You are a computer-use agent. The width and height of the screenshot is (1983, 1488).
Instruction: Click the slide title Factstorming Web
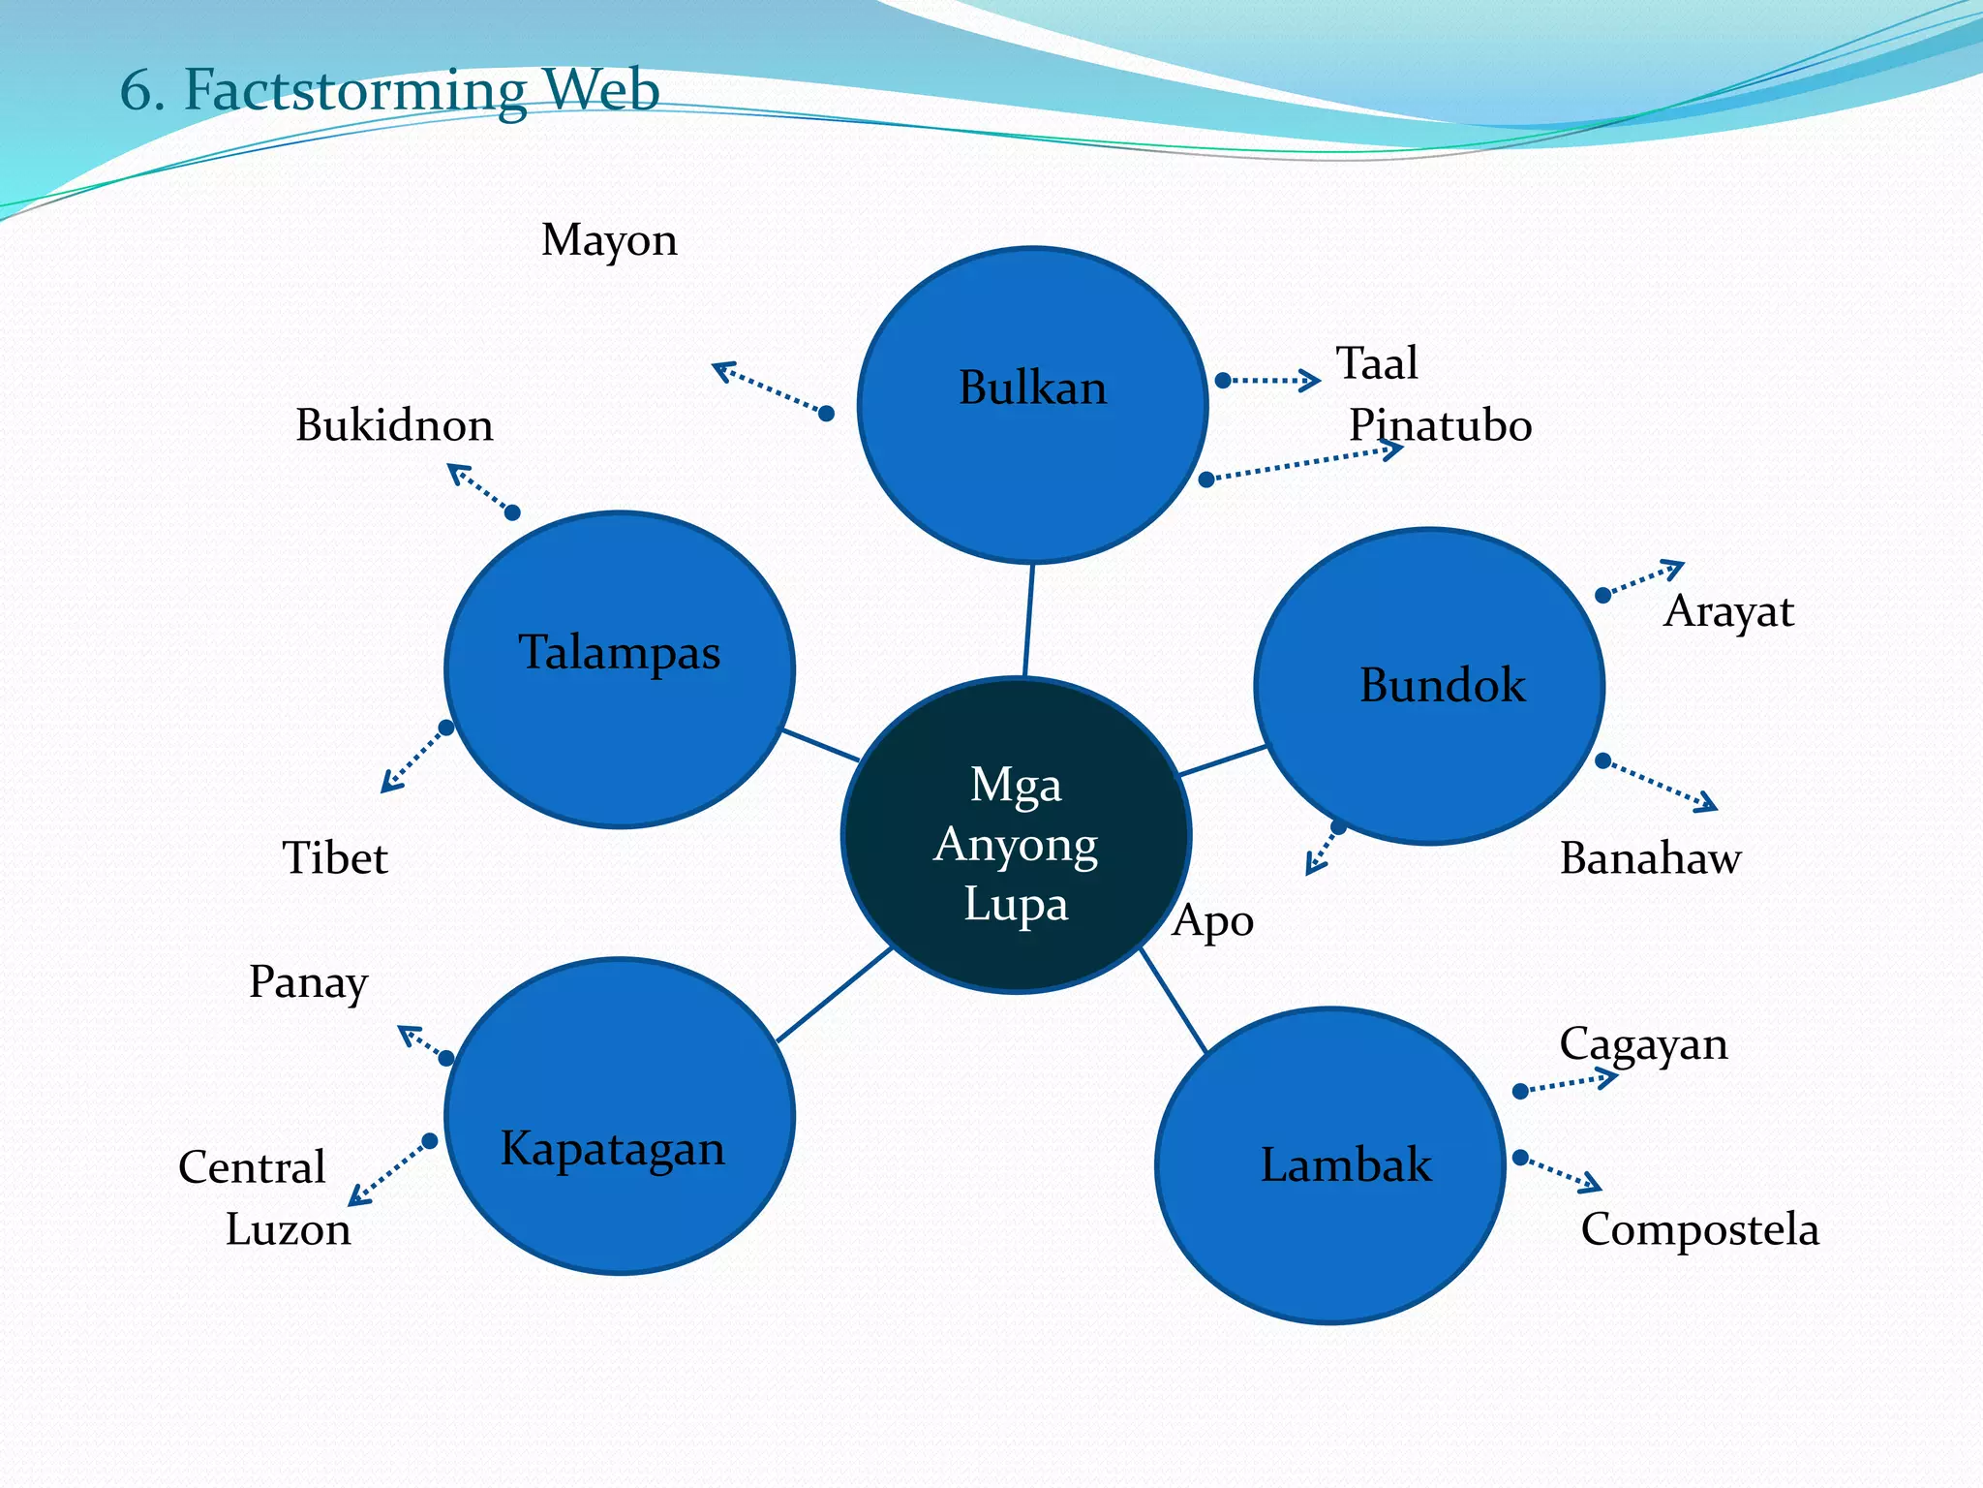point(389,90)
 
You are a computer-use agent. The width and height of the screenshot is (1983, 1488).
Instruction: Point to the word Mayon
point(609,240)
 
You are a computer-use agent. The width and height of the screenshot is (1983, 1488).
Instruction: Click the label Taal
point(1376,363)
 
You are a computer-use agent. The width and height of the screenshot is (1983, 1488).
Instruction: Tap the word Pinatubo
point(1440,425)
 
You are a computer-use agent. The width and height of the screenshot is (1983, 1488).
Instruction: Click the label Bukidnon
point(394,425)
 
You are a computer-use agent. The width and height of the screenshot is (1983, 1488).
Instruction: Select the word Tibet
point(334,858)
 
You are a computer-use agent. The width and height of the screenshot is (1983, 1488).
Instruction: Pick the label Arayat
point(1728,611)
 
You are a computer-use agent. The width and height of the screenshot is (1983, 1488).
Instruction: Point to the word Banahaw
point(1650,858)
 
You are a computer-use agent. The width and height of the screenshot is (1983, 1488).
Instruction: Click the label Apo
point(1212,920)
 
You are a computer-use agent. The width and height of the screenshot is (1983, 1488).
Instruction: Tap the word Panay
point(308,982)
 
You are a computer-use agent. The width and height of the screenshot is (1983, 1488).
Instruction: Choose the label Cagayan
point(1643,1044)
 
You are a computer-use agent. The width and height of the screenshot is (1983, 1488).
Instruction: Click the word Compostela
point(1699,1229)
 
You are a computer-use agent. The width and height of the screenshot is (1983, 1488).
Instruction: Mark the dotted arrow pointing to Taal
point(1268,381)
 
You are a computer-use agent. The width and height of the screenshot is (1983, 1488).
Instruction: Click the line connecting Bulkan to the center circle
point(1028,620)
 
